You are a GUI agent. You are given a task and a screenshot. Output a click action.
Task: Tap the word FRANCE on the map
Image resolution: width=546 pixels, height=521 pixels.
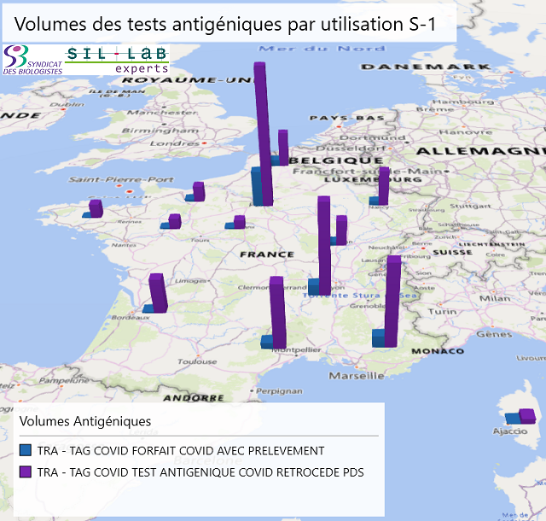[x=267, y=255]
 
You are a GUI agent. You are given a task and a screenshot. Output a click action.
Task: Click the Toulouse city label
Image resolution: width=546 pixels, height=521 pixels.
[x=196, y=361]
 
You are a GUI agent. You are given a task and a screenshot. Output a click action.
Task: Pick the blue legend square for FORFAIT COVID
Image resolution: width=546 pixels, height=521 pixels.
[x=26, y=450]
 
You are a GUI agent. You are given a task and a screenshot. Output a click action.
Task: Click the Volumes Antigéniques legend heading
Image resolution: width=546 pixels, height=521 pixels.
[x=85, y=421]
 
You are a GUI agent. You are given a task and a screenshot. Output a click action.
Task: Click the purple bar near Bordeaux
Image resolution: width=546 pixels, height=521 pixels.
[x=157, y=292]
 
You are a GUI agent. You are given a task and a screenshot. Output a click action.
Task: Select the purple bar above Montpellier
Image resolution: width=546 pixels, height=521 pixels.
[x=277, y=312]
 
